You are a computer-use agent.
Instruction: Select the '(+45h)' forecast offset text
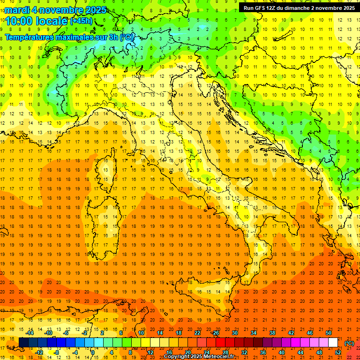coord(81,21)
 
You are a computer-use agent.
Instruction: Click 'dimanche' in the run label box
coord(301,7)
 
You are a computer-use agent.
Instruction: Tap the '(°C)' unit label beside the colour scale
coord(349,343)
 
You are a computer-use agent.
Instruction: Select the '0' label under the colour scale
coord(93,352)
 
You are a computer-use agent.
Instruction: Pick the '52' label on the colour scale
coord(338,352)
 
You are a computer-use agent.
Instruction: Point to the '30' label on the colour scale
coord(234,333)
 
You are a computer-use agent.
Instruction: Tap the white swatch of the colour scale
coord(333,343)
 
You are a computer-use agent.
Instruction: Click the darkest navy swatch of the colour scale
coord(23,343)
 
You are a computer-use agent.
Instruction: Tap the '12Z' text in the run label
coord(274,7)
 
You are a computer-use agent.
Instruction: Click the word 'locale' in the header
coord(52,21)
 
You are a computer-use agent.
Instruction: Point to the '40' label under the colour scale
coord(282,352)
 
